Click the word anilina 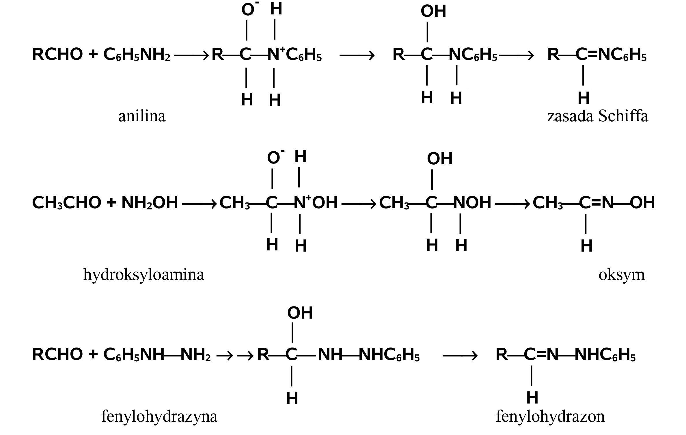(x=142, y=116)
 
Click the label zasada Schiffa (x=597, y=116)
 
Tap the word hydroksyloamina (x=143, y=275)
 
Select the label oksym (x=622, y=275)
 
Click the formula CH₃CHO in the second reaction (x=66, y=203)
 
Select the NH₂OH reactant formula (x=150, y=203)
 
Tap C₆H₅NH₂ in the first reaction (x=137, y=55)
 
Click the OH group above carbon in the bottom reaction (x=300, y=313)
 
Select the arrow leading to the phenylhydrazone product (x=460, y=356)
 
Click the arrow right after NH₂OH (x=199, y=204)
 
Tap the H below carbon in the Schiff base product (x=584, y=98)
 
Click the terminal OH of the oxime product (x=642, y=203)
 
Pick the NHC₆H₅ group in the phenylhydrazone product (x=605, y=355)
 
